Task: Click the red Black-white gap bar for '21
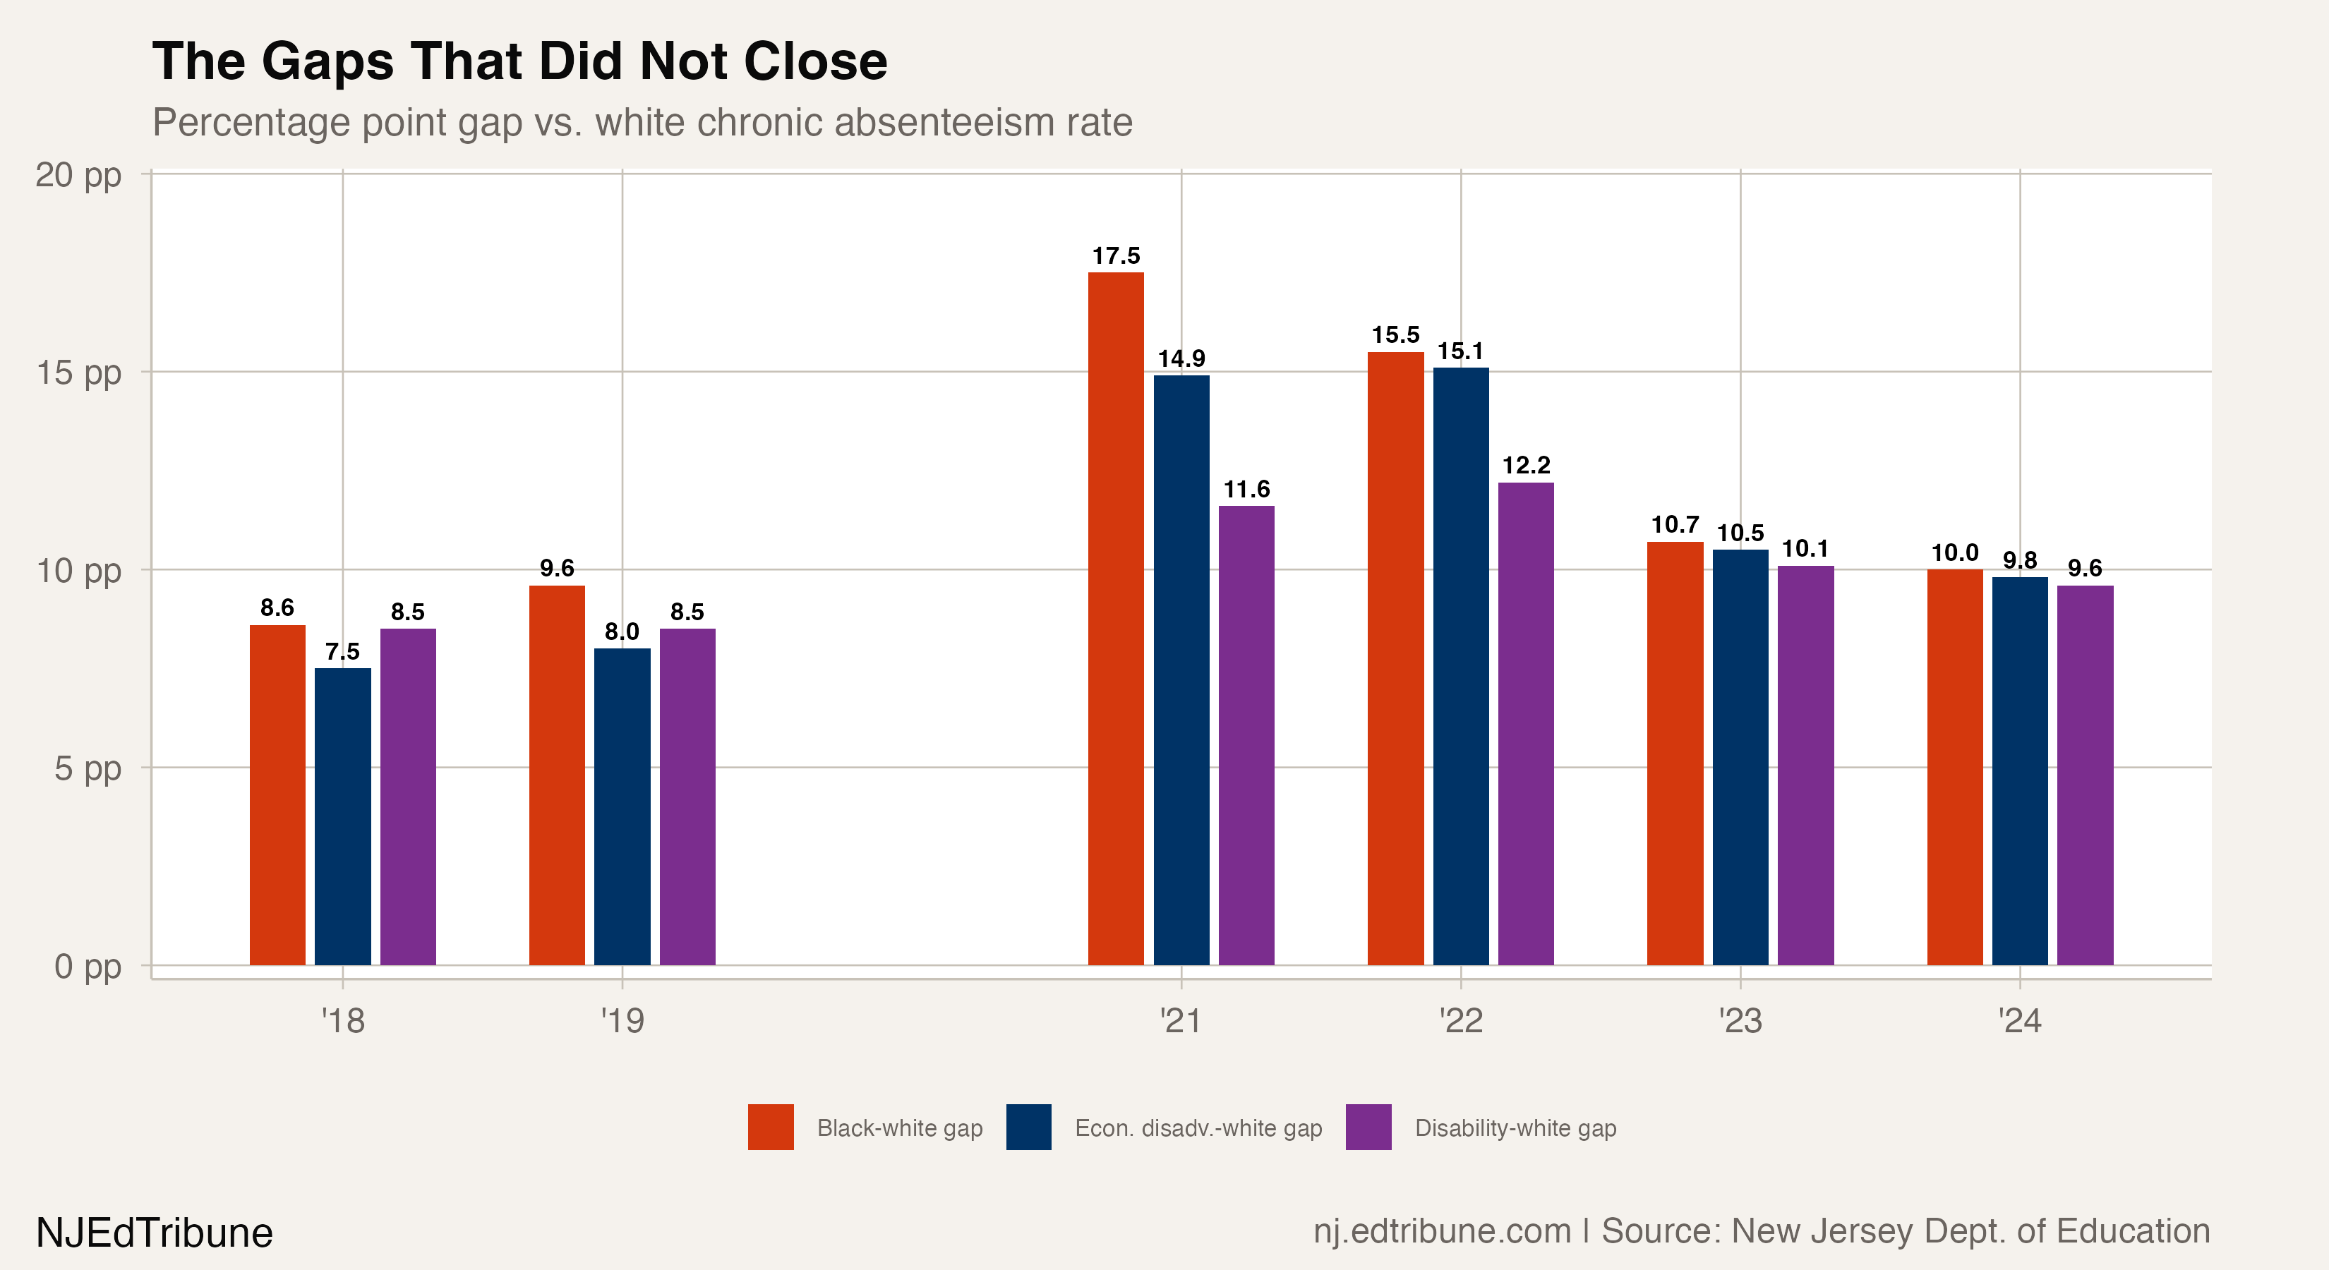[x=1116, y=619]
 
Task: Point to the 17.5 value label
[x=1116, y=256]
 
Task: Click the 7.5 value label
[x=343, y=652]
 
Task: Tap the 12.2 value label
[x=1526, y=466]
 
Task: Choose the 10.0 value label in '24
[x=1955, y=552]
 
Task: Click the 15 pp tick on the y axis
[x=78, y=373]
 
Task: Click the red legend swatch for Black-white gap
[x=770, y=1127]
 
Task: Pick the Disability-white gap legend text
[x=1515, y=1128]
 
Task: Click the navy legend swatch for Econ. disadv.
[x=1029, y=1127]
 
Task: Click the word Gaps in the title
[x=328, y=61]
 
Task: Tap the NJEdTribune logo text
[x=155, y=1233]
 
